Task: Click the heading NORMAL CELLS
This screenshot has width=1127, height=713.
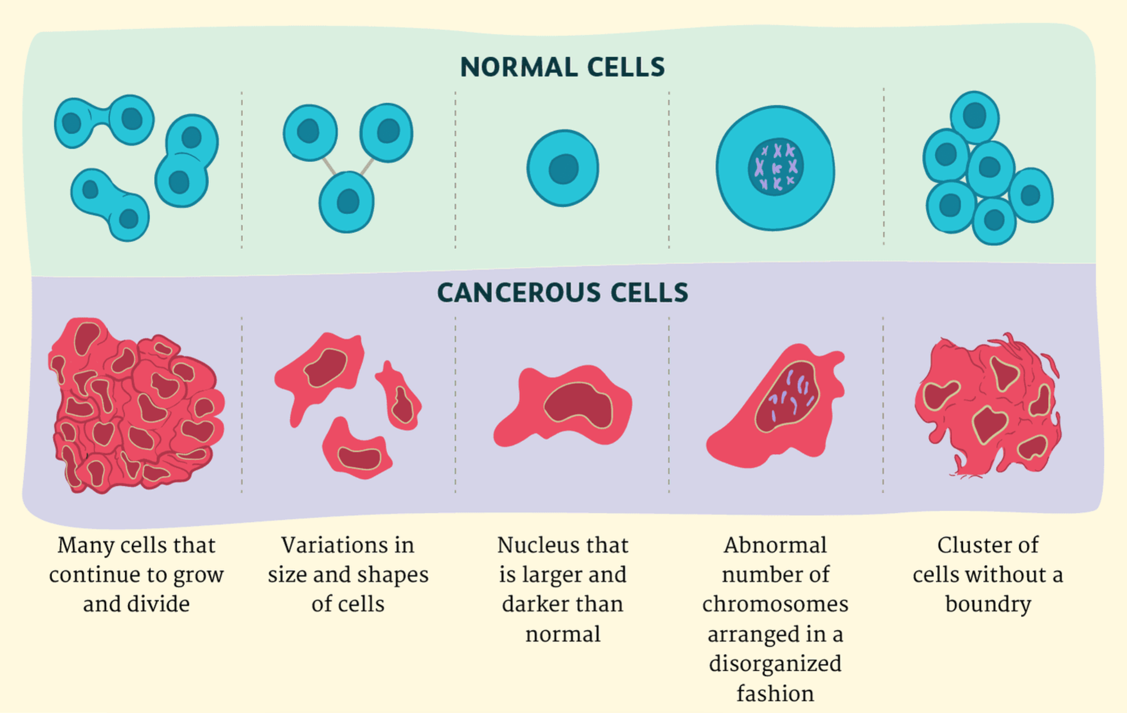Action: coord(562,67)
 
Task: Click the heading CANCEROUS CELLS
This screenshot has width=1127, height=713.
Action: coord(562,293)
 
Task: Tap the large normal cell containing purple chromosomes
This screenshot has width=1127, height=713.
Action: coord(775,168)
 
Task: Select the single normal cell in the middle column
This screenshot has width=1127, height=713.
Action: coord(563,168)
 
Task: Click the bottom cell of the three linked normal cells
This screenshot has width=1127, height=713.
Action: coord(347,202)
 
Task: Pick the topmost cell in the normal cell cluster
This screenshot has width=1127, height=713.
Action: coord(974,117)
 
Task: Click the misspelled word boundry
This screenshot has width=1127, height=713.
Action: coord(988,604)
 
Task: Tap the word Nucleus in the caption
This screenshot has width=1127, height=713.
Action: coord(531,545)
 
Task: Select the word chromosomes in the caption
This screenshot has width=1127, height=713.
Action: coord(775,604)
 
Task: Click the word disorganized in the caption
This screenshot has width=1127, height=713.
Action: coord(775,664)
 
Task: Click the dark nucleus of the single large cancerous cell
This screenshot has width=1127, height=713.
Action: coord(578,405)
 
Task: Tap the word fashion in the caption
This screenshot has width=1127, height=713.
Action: coord(775,693)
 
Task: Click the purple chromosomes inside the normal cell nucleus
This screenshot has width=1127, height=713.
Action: coord(777,167)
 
